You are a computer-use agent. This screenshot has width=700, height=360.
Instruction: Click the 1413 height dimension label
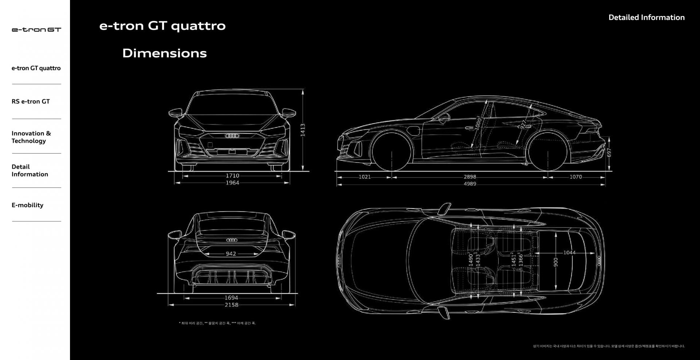coord(303,130)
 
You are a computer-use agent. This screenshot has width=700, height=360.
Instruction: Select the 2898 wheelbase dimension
coord(470,177)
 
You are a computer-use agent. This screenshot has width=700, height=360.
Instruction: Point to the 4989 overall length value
coord(470,184)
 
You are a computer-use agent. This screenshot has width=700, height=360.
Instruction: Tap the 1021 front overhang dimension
coord(365,177)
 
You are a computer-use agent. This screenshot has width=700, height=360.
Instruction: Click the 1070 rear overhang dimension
coord(576,177)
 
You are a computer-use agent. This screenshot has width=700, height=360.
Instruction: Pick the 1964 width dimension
coord(232,183)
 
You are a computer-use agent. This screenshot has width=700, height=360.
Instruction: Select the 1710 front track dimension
coord(232,176)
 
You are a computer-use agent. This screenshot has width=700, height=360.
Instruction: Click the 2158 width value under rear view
coord(232,305)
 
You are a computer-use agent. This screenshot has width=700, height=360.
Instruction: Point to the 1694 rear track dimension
coord(231,298)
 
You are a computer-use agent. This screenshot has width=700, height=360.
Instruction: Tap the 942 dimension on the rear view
coord(231,254)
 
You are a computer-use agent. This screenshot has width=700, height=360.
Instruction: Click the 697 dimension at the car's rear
coord(609,152)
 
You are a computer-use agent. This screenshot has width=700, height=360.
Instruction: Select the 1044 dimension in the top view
coord(569,252)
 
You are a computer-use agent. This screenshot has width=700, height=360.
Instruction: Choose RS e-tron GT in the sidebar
coord(31,101)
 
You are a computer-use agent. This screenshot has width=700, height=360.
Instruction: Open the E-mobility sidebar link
coord(27,205)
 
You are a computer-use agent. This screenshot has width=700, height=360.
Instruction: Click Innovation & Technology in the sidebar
coord(31,137)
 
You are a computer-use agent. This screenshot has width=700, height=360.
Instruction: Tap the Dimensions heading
coord(164,53)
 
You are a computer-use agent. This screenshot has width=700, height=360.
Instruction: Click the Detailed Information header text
coord(646,18)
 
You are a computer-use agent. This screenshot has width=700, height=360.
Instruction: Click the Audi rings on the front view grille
coord(232,136)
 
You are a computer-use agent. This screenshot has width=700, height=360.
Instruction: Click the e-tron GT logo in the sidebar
coord(36,30)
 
